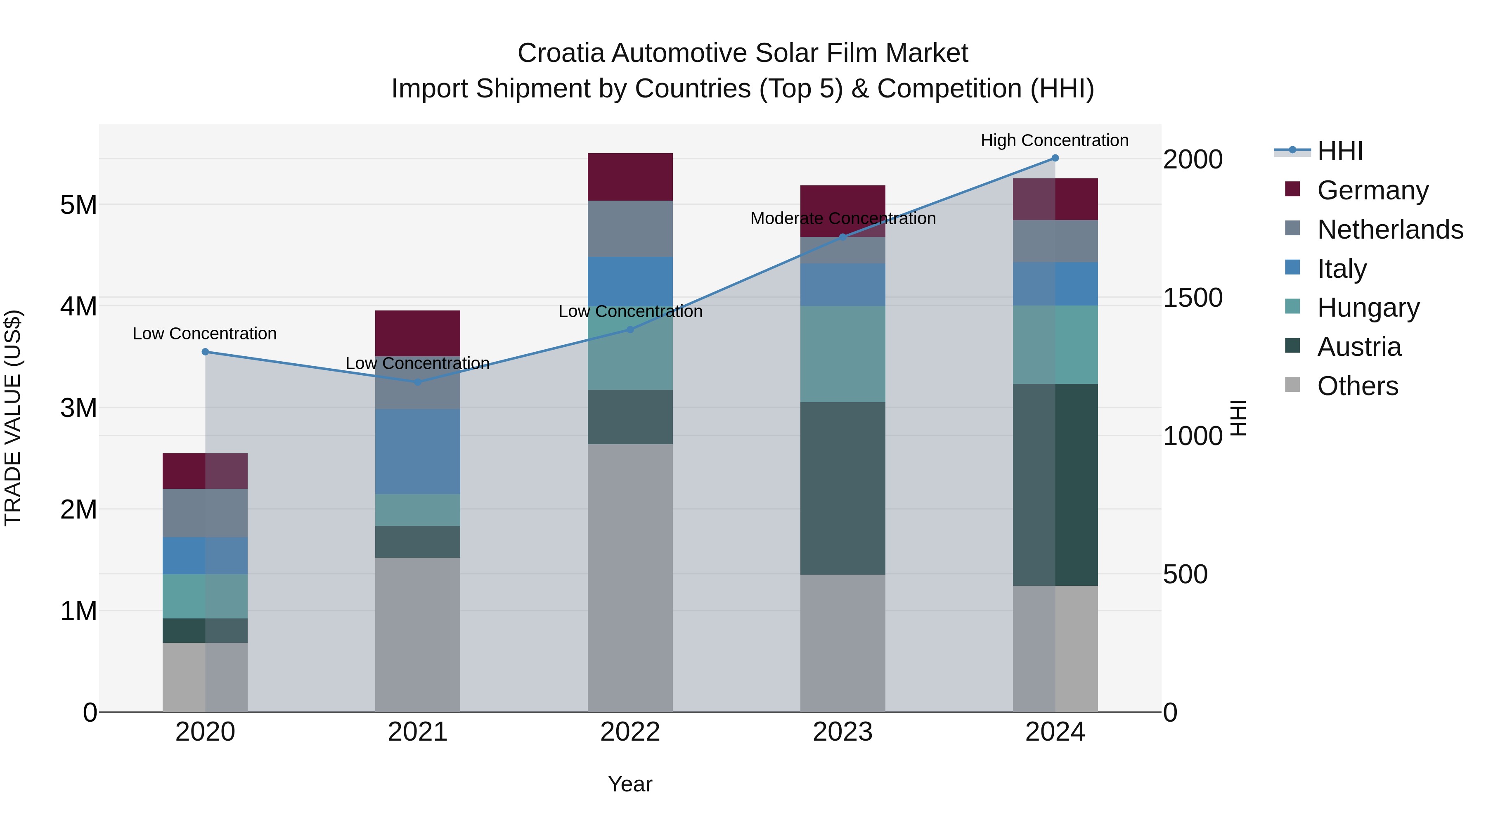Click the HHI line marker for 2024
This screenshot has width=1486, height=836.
click(x=1055, y=158)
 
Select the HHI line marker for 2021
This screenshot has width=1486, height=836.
click(x=418, y=381)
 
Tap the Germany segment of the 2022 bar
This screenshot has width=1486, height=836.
click(x=630, y=177)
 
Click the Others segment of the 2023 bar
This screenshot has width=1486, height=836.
click(x=842, y=643)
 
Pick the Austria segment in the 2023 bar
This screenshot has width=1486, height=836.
click(x=842, y=488)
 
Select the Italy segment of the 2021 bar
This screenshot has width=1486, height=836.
click(x=418, y=451)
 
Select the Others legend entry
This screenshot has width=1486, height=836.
click(x=1357, y=386)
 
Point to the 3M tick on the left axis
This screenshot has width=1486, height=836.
click(x=78, y=408)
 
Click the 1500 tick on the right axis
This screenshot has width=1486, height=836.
click(x=1192, y=298)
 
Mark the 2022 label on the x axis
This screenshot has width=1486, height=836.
click(x=630, y=732)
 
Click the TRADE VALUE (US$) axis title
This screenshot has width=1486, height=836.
click(x=13, y=418)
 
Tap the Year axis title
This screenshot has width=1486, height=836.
click(x=630, y=784)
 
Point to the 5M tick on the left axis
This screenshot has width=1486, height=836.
click(x=78, y=205)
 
